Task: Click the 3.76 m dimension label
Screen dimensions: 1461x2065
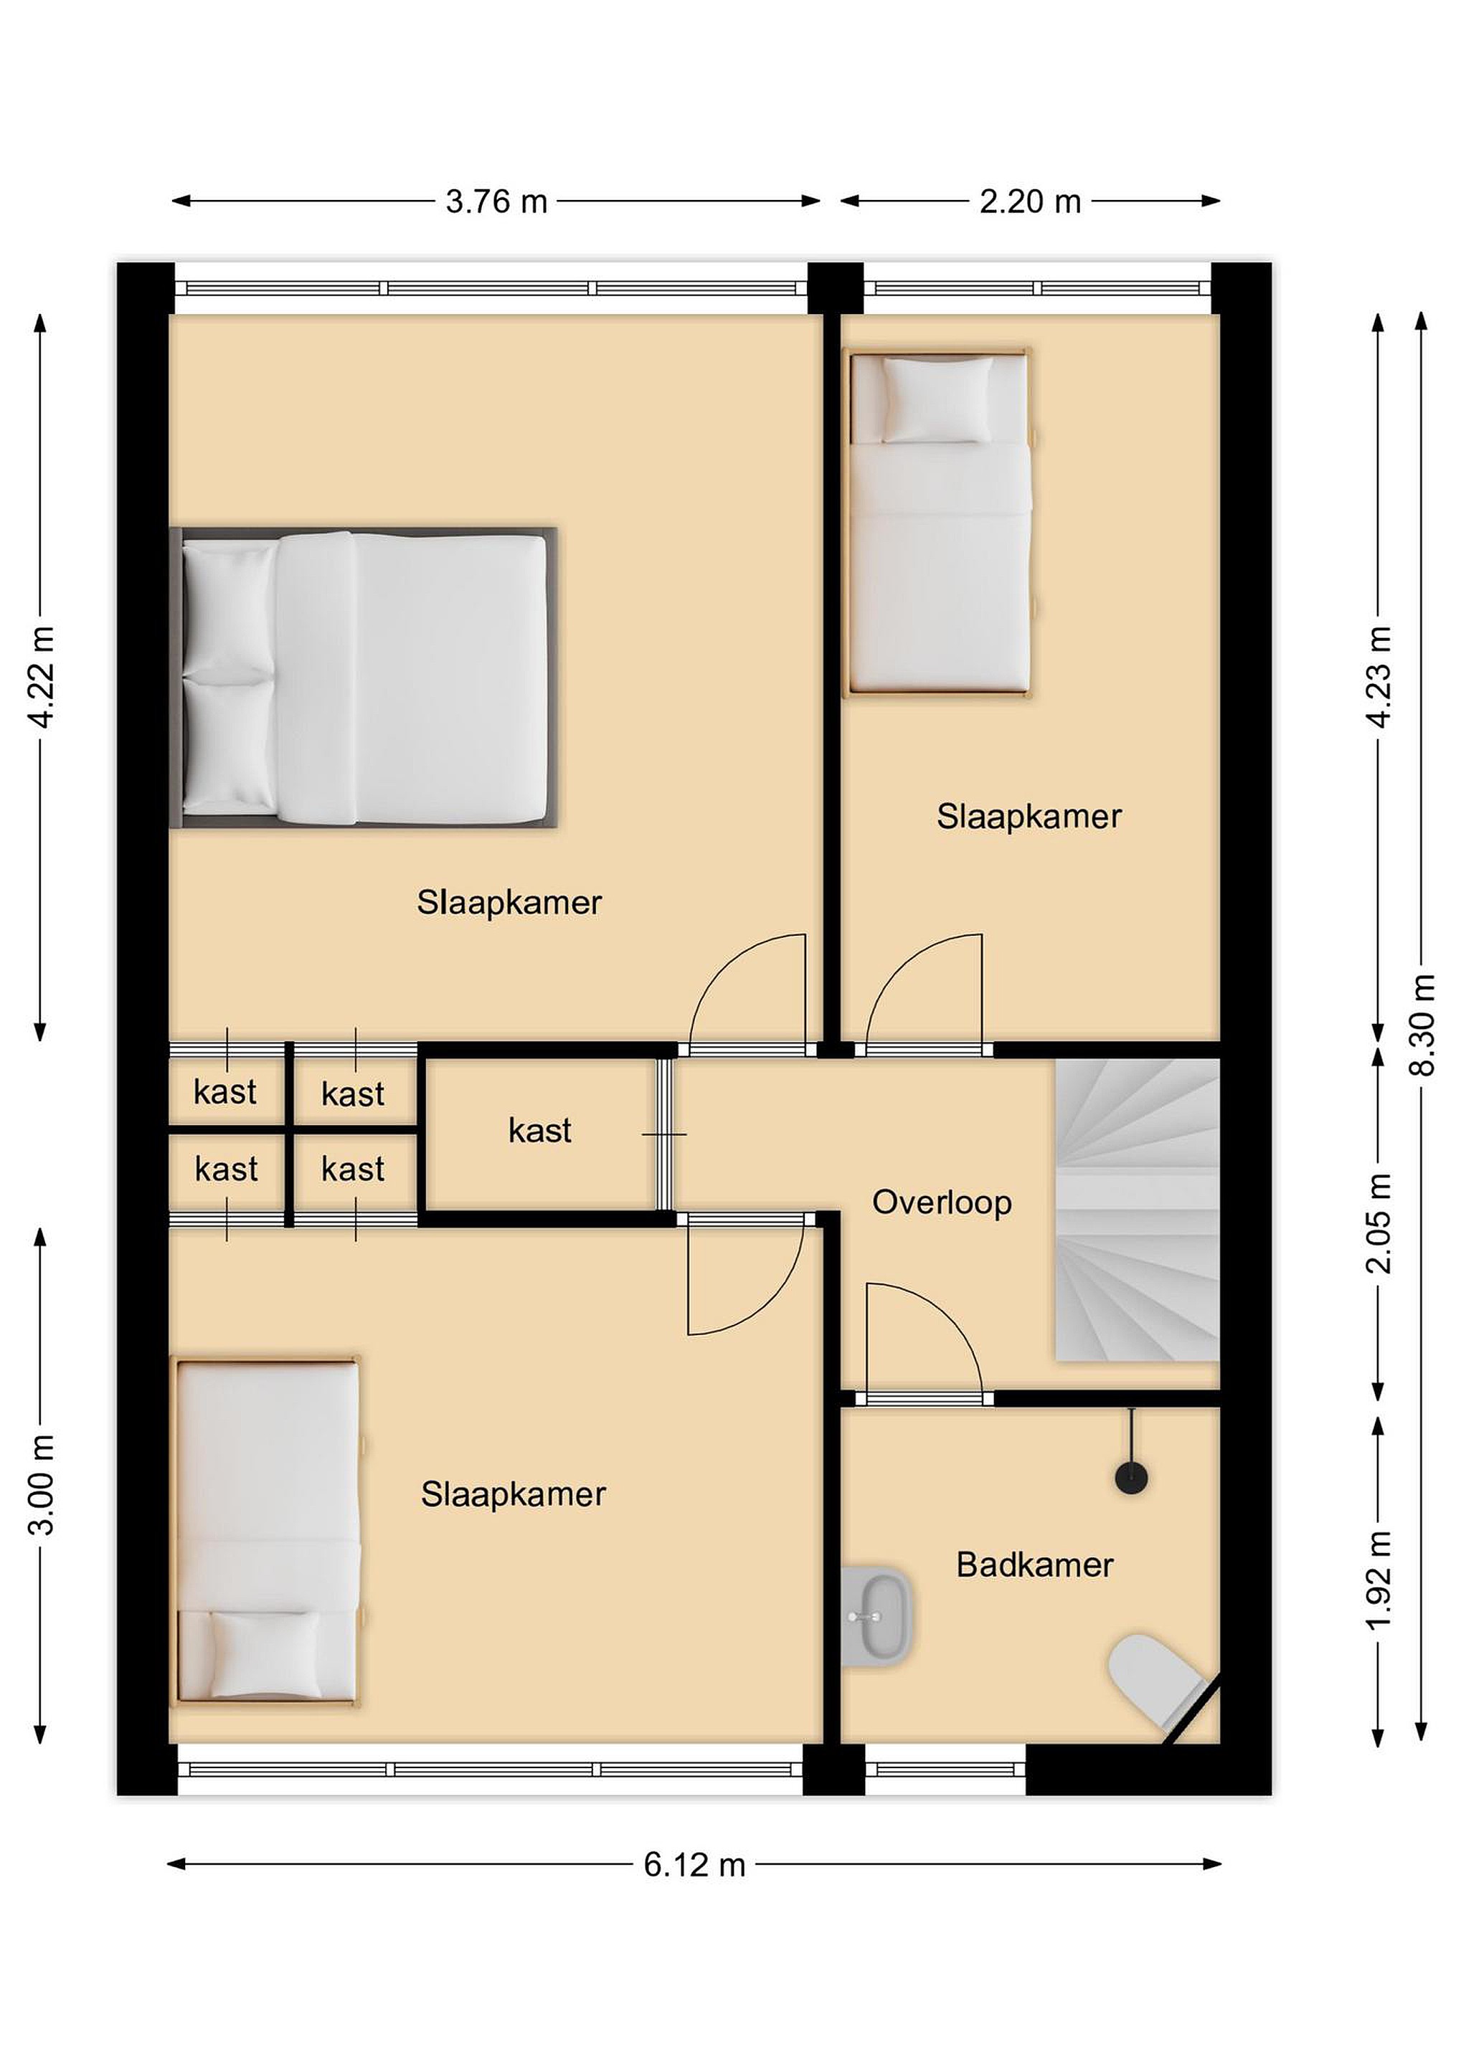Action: click(496, 201)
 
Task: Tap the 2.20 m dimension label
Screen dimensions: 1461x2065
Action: click(1030, 201)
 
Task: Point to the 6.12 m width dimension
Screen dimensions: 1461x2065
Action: click(694, 1866)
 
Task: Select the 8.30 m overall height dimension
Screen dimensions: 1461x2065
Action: click(1422, 1025)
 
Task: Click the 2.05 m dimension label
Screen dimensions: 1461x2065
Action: click(1379, 1223)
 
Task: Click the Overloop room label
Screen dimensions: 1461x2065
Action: click(942, 1202)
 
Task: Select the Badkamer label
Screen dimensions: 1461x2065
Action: click(1034, 1565)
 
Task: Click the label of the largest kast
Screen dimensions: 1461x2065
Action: click(540, 1131)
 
